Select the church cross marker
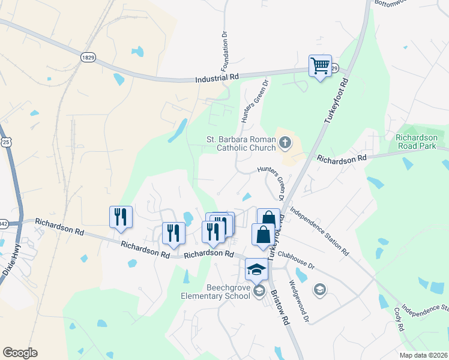click(285, 143)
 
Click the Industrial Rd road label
click(217, 78)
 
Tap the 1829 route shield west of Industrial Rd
click(88, 56)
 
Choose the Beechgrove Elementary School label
click(215, 291)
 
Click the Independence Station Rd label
click(319, 231)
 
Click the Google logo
click(20, 353)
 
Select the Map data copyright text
click(423, 355)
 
